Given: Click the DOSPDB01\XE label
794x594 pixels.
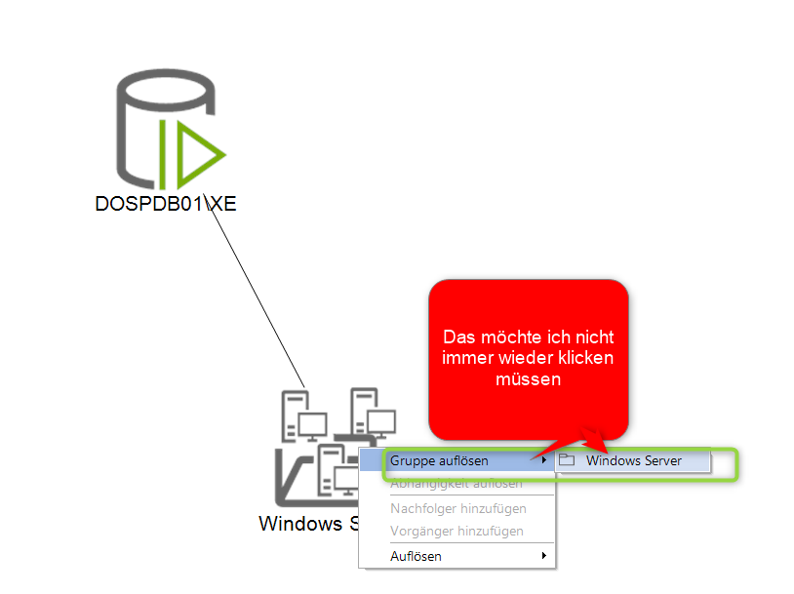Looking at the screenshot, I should (166, 204).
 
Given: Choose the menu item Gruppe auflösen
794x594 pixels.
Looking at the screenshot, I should (439, 460).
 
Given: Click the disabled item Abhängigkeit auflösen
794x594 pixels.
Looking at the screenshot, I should (456, 483).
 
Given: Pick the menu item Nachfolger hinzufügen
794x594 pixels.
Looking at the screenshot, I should (457, 508).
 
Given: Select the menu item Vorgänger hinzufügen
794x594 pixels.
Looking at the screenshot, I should (457, 532).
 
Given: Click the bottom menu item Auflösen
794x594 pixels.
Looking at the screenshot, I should (417, 556).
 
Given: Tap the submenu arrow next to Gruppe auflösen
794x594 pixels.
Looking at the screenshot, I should (544, 460).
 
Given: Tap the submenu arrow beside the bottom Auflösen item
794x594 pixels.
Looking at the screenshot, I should (544, 556).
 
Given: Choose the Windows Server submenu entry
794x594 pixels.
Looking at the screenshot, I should (633, 460).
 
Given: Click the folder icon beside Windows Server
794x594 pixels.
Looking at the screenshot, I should (567, 460).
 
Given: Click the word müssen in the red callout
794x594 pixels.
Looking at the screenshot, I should (529, 379).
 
